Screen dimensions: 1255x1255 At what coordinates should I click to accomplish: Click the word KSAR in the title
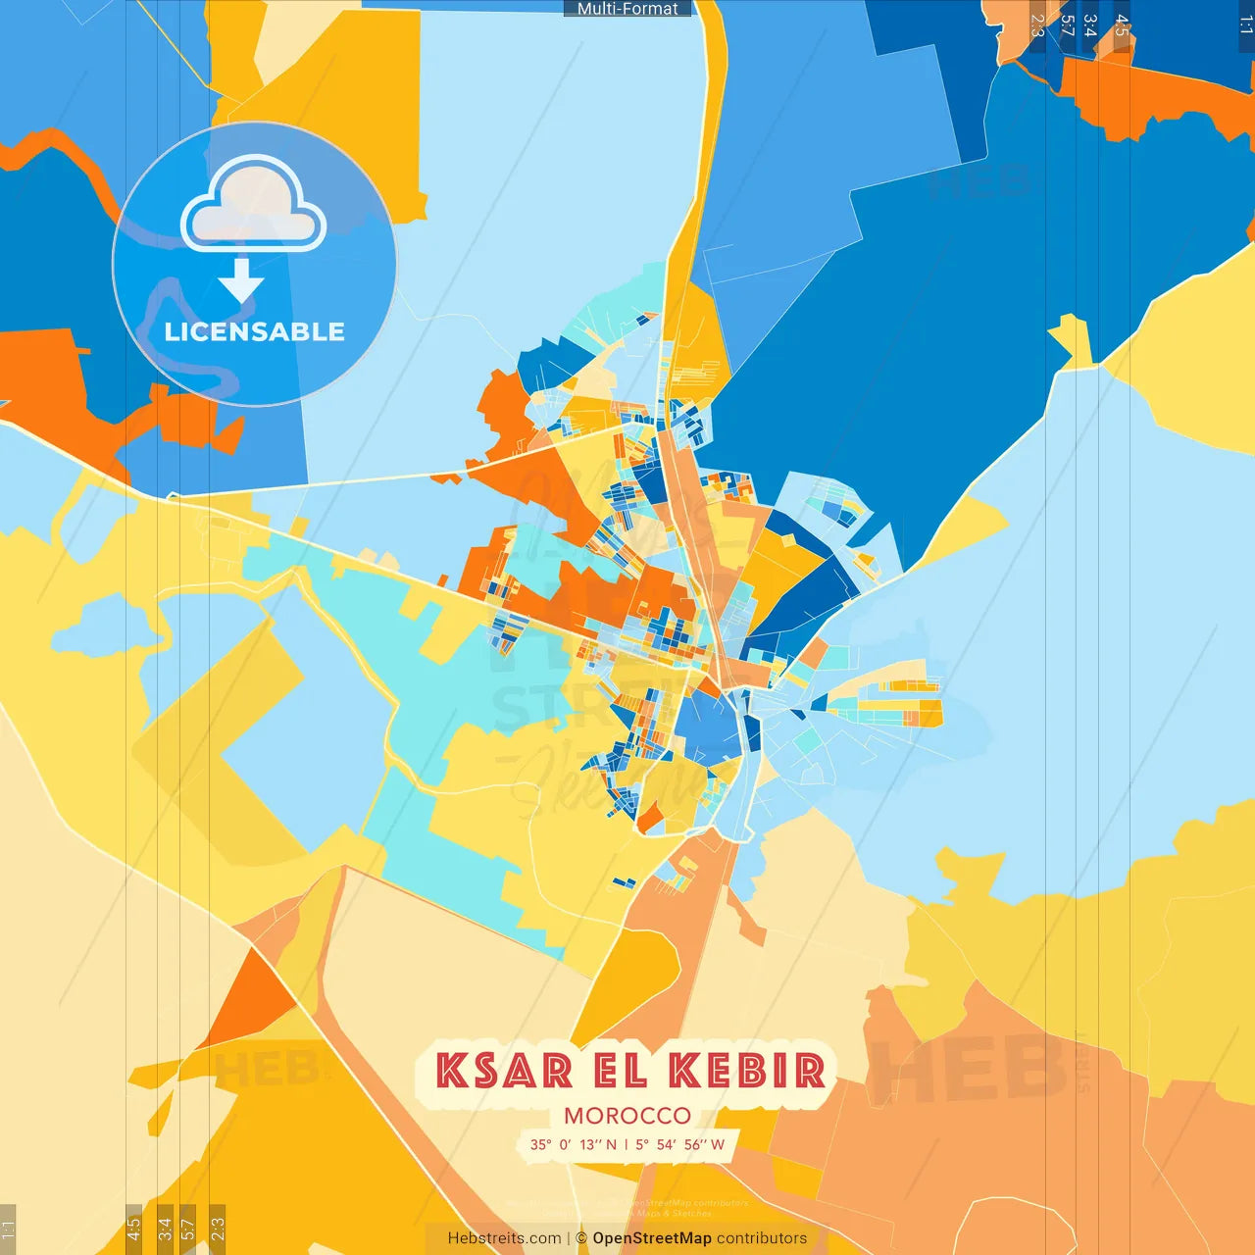coord(504,1071)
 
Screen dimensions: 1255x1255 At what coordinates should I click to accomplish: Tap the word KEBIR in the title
coord(747,1071)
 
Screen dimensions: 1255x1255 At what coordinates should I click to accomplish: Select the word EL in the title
coord(621,1071)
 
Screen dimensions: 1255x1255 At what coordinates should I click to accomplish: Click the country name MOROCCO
coord(627,1116)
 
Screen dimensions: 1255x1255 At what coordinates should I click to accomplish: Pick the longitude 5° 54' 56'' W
coord(679,1144)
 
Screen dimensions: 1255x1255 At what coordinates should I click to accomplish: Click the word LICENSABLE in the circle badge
coord(254,332)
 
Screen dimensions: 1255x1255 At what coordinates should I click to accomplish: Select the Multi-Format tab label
coord(627,9)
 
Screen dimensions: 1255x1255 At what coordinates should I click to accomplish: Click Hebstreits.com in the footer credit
coord(504,1238)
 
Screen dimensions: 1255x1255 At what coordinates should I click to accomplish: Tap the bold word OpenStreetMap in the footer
coord(652,1238)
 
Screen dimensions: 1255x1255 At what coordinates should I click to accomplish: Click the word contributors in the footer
coord(762,1238)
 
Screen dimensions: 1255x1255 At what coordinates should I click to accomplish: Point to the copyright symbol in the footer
coord(581,1238)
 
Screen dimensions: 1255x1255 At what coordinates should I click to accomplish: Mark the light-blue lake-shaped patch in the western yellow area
coord(108,627)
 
